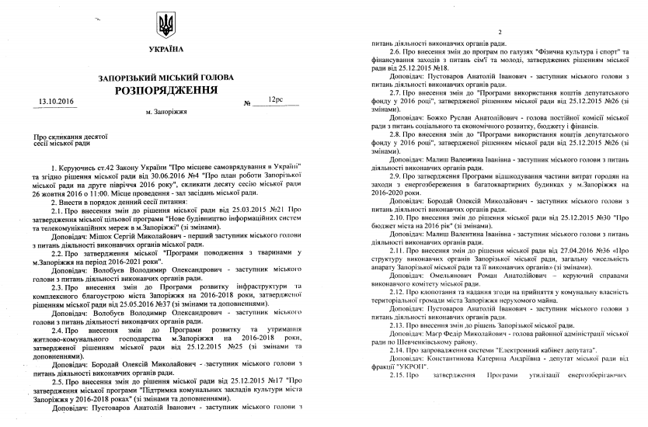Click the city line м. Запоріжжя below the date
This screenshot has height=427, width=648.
(166, 113)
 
